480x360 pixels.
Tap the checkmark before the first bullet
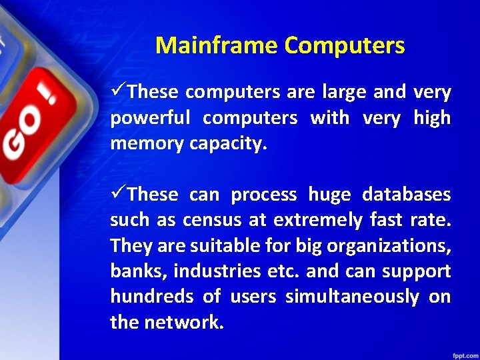(x=118, y=91)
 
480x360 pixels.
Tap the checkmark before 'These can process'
(x=118, y=194)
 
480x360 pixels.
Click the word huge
(x=329, y=195)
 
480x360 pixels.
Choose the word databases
(x=407, y=195)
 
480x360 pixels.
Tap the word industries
(x=215, y=271)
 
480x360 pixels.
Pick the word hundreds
(x=148, y=297)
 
